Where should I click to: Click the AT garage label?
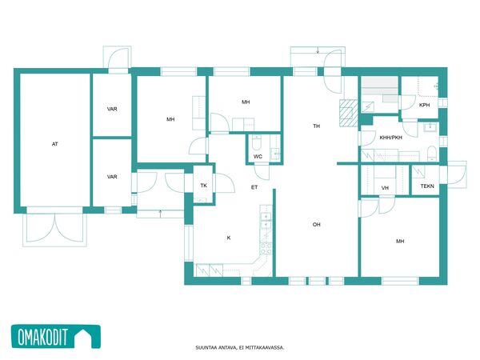coord(54,144)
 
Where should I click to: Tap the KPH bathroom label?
coord(424,105)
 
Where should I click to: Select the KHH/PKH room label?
coord(391,138)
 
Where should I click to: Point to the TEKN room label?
coord(427,186)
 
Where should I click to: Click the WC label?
coord(258,157)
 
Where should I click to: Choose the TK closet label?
coord(203,186)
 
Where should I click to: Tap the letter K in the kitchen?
coord(229,238)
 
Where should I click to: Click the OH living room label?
coord(317,225)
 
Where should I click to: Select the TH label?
coord(317,126)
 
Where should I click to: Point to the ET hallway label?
coord(254,187)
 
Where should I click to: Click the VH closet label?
coord(385,188)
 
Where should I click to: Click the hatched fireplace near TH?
coord(348,113)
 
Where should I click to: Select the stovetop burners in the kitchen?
coord(266,248)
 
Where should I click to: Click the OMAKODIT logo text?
coord(42,337)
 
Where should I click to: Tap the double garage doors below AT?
coord(54,228)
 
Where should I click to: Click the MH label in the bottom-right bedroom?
coord(400,242)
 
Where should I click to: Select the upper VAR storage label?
coord(112,109)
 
